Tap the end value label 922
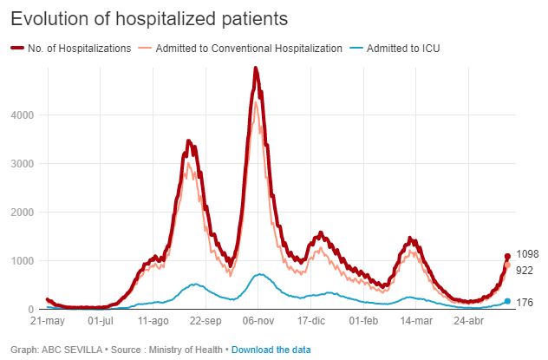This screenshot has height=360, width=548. point(525,271)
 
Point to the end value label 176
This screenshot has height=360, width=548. point(525,303)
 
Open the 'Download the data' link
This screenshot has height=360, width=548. point(271,350)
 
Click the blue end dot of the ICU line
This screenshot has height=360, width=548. point(507,301)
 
